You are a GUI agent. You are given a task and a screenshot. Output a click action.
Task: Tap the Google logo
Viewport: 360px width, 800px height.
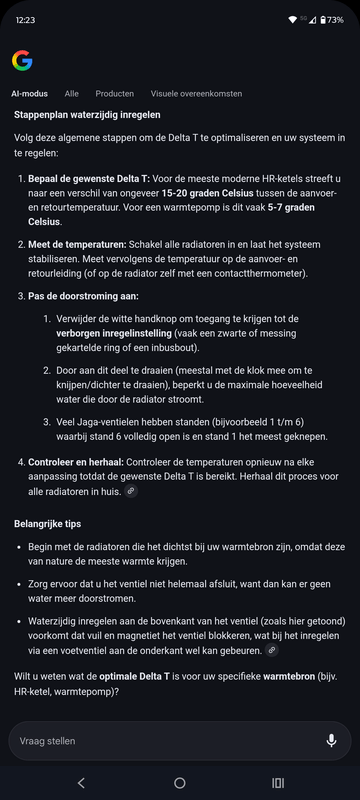(22, 61)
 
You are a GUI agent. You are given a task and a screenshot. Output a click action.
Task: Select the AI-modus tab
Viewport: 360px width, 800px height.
(30, 93)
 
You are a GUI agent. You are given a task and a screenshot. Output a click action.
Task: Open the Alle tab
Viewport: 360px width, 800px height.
(72, 93)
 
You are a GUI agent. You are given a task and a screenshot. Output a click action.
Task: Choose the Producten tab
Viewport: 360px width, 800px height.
(115, 93)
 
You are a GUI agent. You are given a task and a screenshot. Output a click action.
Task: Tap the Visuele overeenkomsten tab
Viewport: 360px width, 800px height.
(196, 93)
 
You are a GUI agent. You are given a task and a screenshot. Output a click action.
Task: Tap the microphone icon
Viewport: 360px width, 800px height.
(331, 741)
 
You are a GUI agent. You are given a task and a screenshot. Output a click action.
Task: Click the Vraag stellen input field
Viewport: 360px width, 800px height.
(160, 741)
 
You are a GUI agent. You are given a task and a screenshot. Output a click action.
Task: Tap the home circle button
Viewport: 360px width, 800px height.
(180, 783)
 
